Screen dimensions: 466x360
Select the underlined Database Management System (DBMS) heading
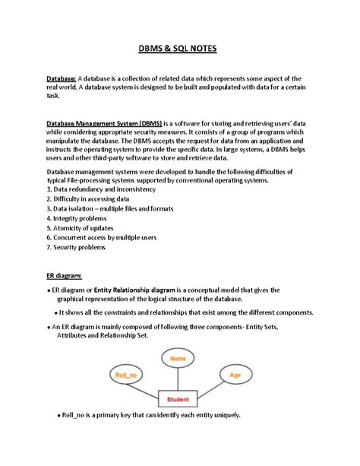coord(101,122)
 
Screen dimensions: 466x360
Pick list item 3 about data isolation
coord(109,208)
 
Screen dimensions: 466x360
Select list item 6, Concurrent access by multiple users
coord(102,237)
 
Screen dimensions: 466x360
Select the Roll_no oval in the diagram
coord(125,375)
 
